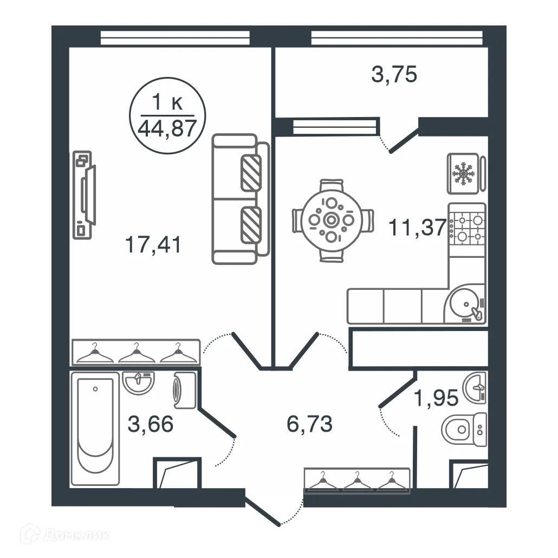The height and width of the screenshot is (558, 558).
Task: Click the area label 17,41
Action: click(x=152, y=244)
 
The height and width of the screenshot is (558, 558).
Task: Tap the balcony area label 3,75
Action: click(x=394, y=74)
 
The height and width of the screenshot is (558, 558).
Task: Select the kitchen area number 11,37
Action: click(x=417, y=228)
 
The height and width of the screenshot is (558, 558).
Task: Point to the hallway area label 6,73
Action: click(x=309, y=424)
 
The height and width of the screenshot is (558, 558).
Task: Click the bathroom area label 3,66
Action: click(x=151, y=424)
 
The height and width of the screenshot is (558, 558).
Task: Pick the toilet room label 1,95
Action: click(x=436, y=398)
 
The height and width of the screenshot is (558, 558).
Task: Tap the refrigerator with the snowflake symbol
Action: click(x=463, y=173)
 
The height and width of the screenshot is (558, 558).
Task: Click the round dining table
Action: click(x=331, y=220)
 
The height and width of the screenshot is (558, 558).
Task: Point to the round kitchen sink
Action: click(x=464, y=304)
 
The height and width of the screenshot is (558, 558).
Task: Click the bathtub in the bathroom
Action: click(x=96, y=431)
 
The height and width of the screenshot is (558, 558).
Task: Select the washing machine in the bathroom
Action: click(x=184, y=390)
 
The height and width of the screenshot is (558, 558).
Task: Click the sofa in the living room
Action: click(x=241, y=199)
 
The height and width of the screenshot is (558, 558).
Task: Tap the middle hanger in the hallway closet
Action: click(x=357, y=481)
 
